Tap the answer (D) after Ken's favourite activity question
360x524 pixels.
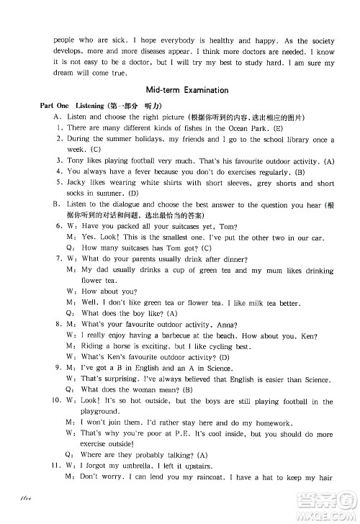(x=225, y=357)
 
